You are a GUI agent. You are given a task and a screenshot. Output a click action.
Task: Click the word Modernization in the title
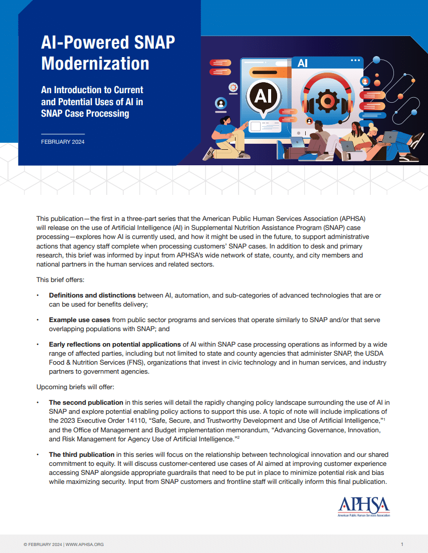tap(95, 64)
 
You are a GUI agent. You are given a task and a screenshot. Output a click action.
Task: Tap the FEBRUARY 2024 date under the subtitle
tap(63, 142)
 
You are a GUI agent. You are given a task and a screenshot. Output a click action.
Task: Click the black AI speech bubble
tap(263, 96)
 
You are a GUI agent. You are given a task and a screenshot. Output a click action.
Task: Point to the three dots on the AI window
tap(355, 61)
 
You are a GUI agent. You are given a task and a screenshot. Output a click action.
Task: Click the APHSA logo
tap(364, 506)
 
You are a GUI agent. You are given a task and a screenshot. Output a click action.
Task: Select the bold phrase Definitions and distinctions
tap(92, 296)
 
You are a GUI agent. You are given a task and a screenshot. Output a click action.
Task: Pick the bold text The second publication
tap(86, 402)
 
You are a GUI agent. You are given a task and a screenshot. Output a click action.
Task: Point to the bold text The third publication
tap(82, 455)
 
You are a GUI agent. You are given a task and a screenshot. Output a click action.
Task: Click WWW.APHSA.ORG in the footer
tap(85, 544)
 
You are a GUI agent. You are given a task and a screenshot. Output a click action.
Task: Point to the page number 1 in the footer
tap(402, 544)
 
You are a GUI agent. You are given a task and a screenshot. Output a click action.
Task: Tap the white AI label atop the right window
tap(303, 64)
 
